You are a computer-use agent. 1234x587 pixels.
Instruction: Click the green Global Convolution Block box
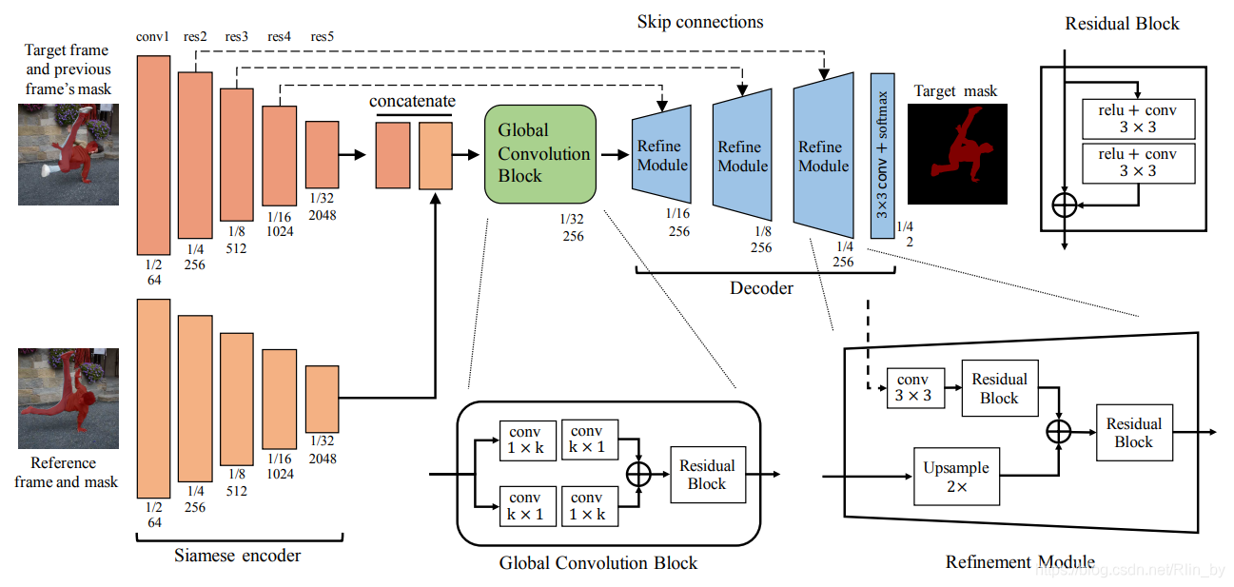point(539,154)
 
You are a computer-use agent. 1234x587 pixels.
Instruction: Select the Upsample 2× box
point(956,477)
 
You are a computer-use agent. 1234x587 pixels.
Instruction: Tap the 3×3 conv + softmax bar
point(883,154)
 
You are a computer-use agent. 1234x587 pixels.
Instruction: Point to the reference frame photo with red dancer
point(69,398)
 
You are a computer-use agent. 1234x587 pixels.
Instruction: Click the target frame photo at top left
point(69,154)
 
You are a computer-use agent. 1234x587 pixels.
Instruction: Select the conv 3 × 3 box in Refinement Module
point(913,388)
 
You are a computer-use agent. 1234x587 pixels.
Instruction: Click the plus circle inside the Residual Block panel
point(1065,204)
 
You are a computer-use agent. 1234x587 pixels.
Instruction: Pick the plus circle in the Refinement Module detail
point(1059,431)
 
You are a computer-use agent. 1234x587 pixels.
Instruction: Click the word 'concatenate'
point(412,101)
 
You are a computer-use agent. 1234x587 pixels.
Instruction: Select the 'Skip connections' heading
point(700,21)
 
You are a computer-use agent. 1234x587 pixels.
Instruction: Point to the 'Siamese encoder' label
point(238,555)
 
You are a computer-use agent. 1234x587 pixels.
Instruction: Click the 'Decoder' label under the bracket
point(761,287)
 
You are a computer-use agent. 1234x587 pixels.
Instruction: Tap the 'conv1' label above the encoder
point(152,37)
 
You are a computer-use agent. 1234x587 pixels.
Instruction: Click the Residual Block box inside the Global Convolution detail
point(707,474)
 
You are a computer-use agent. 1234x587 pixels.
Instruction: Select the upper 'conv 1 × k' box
point(525,440)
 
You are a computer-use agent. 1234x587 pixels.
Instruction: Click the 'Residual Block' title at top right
point(1122,23)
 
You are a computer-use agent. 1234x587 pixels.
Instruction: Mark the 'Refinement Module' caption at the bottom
point(1020,562)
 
